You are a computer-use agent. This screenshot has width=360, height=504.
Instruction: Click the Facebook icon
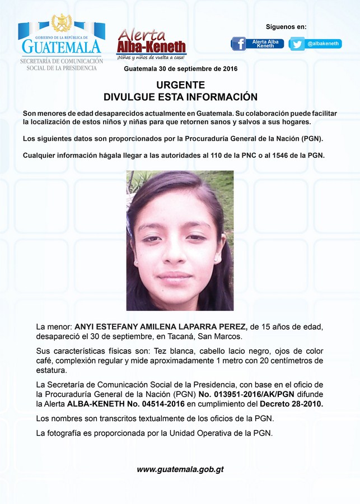239,44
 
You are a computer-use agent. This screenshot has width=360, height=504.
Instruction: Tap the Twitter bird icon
297,44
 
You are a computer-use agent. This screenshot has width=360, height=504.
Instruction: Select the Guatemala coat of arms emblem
61,24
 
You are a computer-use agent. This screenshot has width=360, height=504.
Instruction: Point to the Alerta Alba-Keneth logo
151,44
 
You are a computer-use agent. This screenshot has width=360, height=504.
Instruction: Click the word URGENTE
180,86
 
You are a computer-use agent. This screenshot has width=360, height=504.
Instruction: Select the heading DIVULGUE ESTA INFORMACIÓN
180,97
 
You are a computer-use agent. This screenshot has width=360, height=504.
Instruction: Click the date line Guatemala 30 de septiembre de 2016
180,69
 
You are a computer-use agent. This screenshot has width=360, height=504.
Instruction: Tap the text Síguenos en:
286,27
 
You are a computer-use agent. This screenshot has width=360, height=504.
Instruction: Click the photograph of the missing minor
180,240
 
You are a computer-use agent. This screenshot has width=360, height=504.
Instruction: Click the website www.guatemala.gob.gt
180,469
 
